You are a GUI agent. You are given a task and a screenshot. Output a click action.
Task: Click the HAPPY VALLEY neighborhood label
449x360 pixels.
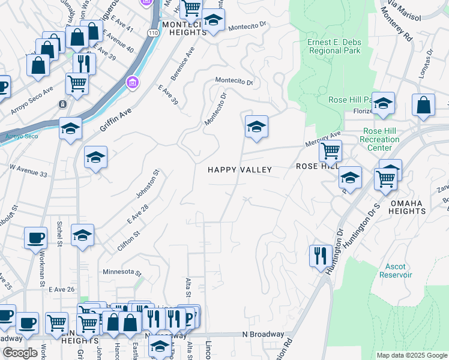click(x=240, y=170)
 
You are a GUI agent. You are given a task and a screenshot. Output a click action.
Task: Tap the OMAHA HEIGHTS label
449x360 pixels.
click(x=408, y=207)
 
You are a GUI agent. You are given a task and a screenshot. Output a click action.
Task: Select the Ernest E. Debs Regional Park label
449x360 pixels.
click(x=334, y=47)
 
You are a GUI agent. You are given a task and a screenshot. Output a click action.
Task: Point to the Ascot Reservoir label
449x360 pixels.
click(x=396, y=271)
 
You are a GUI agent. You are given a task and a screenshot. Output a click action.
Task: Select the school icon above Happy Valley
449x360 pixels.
click(x=256, y=126)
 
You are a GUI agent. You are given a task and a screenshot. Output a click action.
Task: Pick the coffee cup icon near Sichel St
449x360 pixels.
click(x=35, y=237)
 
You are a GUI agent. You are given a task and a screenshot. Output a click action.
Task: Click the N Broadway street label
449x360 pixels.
click(x=263, y=334)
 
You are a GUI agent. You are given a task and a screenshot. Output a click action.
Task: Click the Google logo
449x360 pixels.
click(x=20, y=353)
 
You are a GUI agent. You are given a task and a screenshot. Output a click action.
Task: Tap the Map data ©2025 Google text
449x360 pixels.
click(x=411, y=355)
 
